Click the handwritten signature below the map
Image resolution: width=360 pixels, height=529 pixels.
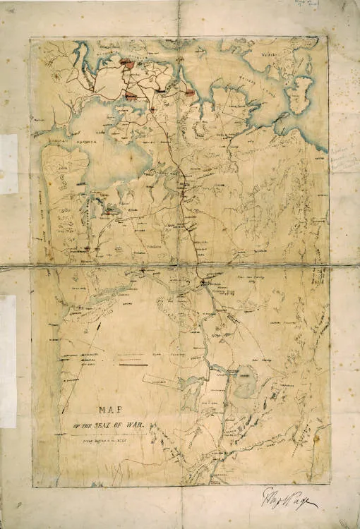pos(289,498)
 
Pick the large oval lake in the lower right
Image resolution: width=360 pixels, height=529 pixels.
pos(244,382)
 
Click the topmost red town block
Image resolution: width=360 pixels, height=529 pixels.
pos(128,63)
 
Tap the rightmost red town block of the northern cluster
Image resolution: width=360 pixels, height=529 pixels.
pos(189,92)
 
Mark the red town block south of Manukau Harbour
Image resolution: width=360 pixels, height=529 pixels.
pos(110,209)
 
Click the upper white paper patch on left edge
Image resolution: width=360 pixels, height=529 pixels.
pos(8,164)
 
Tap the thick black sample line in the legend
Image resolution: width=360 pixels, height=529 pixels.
pos(134,365)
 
